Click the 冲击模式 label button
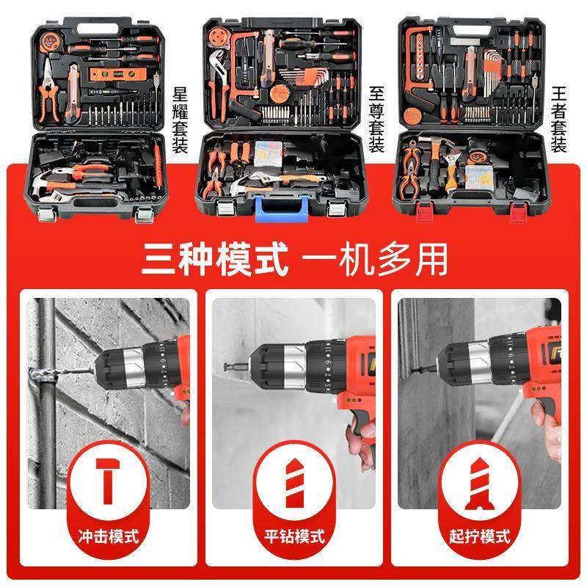tap(107, 536)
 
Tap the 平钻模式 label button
tap(293, 536)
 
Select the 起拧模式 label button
tap(480, 536)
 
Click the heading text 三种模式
tap(214, 259)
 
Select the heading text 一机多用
tap(374, 259)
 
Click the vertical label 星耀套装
tap(180, 120)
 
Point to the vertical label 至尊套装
tap(376, 120)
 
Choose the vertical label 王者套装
tap(559, 120)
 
